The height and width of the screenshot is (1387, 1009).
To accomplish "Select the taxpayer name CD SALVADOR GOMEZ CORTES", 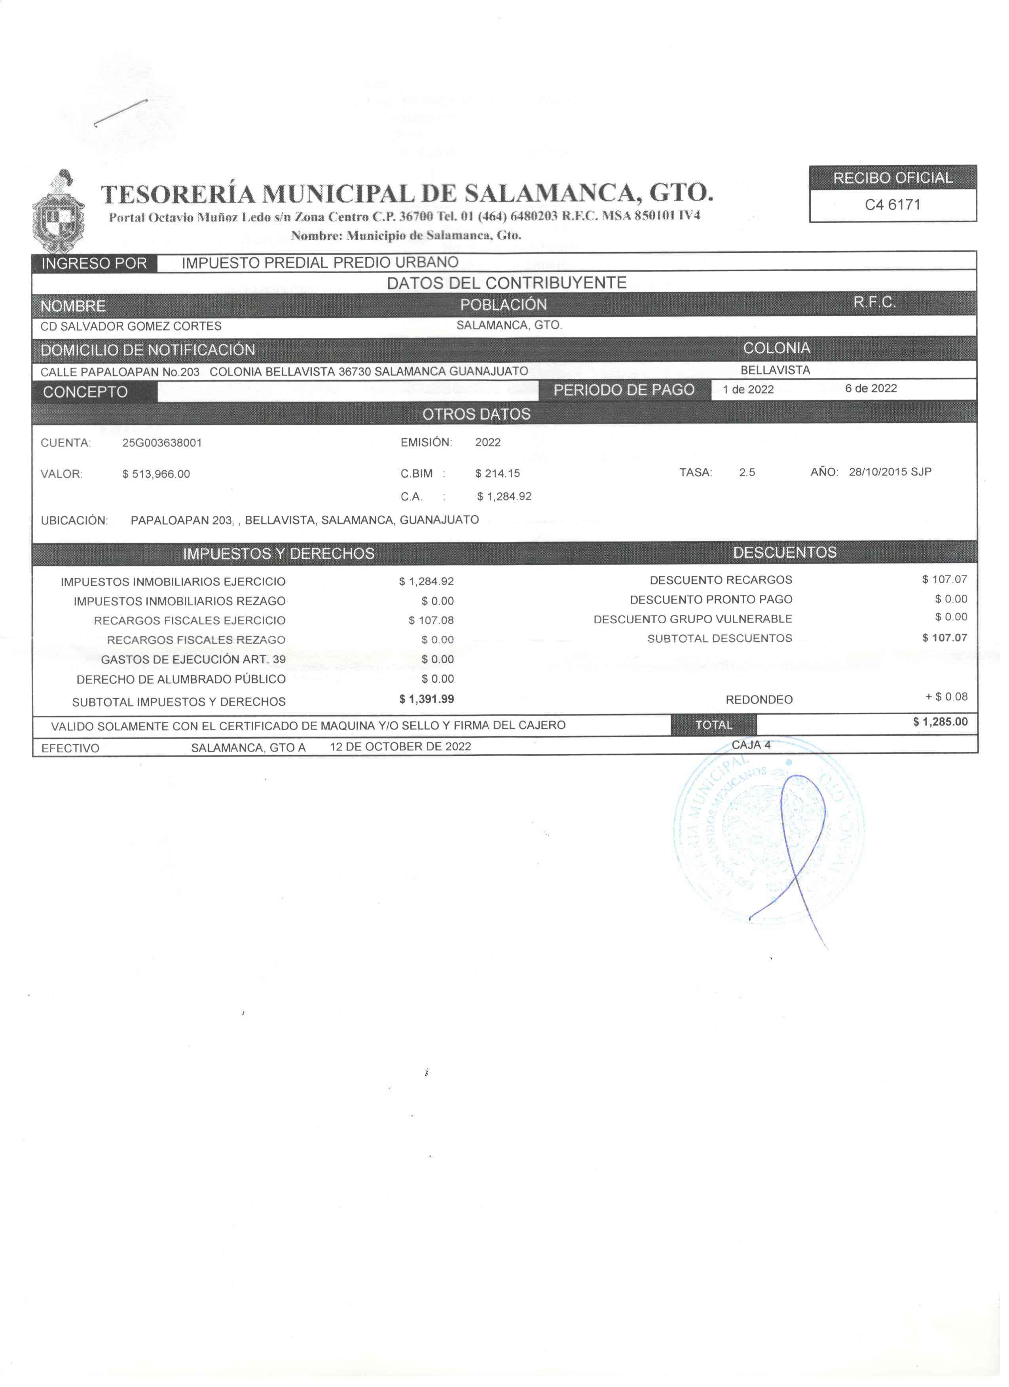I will coord(131,327).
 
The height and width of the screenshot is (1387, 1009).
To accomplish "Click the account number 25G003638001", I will coord(162,443).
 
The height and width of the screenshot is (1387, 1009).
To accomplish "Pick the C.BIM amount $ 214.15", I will coord(497,473).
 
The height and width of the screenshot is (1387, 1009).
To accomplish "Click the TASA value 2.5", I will coord(747,473).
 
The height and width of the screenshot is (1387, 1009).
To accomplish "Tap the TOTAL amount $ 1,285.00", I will coord(941,722).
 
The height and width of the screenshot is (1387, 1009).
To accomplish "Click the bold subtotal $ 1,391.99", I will coord(427,699).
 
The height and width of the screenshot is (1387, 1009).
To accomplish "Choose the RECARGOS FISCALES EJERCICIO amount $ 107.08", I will coord(431,621).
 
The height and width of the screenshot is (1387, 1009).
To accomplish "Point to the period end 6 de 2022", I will coord(871,389).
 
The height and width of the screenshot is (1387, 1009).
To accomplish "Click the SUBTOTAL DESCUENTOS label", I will coord(720,638).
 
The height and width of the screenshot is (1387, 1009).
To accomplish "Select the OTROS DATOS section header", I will coord(477,414).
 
